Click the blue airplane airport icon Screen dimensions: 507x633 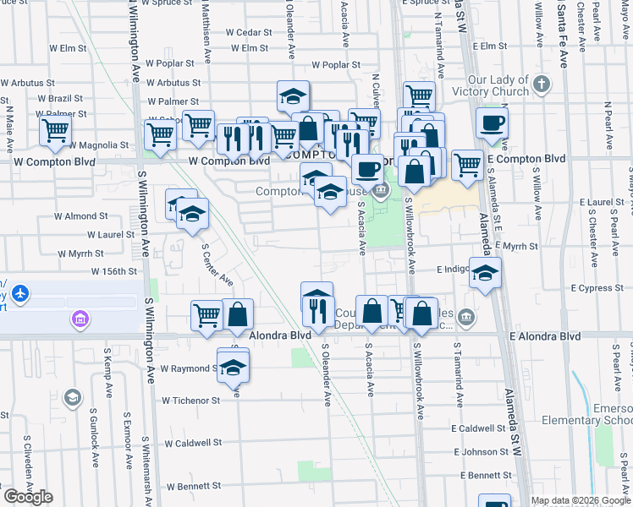[20, 294]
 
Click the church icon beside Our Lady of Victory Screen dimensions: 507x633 [542, 84]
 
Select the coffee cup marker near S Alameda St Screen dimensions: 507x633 [493, 123]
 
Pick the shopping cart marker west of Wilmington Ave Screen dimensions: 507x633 [55, 131]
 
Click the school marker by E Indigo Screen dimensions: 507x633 [485, 273]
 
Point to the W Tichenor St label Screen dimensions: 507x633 [191, 401]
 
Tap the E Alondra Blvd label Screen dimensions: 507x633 [545, 336]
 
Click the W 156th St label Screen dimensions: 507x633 [114, 271]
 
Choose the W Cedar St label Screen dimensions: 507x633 [248, 32]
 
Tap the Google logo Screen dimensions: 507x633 [28, 497]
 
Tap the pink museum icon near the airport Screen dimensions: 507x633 [80, 319]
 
